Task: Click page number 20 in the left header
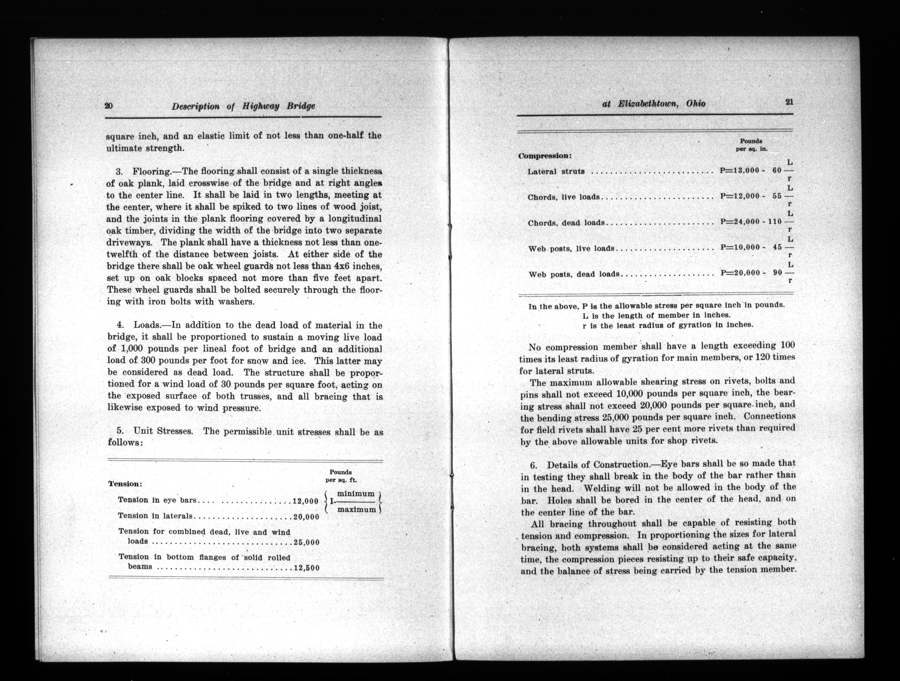(109, 106)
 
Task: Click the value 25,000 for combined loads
(306, 542)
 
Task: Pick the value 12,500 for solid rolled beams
(306, 568)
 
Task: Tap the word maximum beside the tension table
(356, 509)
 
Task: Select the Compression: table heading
(545, 156)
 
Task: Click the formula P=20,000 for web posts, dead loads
(740, 273)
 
